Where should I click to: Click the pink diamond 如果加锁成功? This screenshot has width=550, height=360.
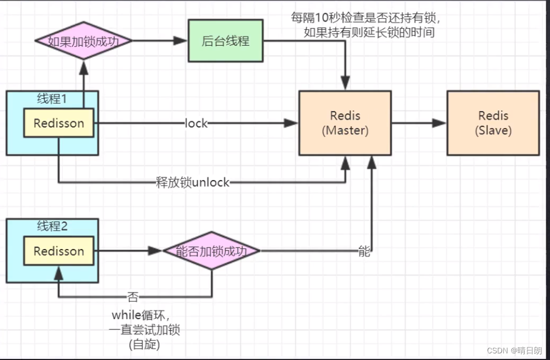[x=83, y=41]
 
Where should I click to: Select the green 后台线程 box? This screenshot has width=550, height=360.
[x=225, y=41]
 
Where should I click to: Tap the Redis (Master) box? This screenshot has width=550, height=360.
[x=345, y=123]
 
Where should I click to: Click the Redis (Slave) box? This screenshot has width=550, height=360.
[x=493, y=123]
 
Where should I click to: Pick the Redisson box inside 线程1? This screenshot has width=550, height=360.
[x=59, y=123]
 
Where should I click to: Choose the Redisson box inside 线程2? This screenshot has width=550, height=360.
[x=59, y=251]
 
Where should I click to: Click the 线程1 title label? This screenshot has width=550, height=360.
[x=52, y=99]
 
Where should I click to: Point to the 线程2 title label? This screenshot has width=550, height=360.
[x=52, y=226]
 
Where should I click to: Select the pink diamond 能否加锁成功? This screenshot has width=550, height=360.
[x=211, y=251]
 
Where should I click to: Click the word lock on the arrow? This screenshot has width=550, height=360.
[x=196, y=123]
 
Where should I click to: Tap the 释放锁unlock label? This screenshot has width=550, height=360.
[x=193, y=182]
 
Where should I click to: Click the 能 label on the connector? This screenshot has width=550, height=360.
[x=364, y=251]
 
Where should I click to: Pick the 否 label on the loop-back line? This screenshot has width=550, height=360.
[x=133, y=297]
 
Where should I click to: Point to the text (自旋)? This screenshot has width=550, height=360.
[x=144, y=345]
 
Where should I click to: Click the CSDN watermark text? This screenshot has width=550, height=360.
[x=514, y=350]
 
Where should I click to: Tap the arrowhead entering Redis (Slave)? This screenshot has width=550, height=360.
[x=440, y=123]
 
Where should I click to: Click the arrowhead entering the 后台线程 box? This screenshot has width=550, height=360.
[x=180, y=41]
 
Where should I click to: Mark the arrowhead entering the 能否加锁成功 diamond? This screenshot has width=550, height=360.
[x=155, y=251]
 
